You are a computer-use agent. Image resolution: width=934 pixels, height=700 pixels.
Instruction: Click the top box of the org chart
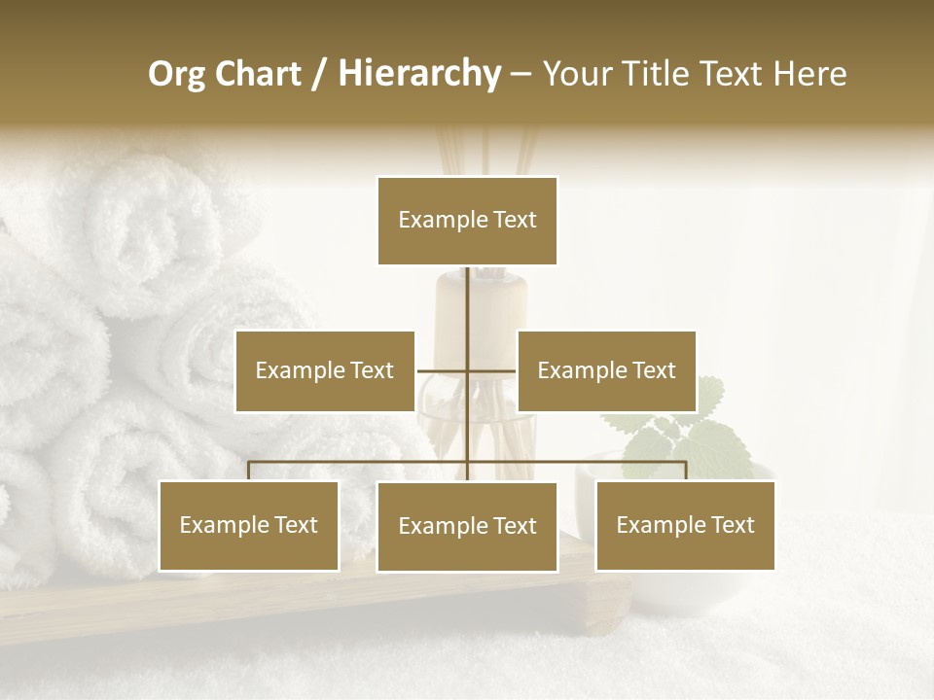coord(467,221)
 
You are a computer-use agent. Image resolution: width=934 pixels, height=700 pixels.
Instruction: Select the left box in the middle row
coord(325,370)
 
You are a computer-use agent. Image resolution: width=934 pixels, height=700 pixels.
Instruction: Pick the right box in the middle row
coord(606,370)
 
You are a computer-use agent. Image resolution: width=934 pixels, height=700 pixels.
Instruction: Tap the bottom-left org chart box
coord(249,526)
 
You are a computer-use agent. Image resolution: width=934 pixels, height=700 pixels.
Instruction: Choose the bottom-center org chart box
coord(467,526)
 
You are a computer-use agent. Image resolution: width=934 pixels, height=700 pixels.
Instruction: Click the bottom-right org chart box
coord(685,526)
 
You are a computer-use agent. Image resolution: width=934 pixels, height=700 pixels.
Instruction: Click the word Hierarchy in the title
coord(418,73)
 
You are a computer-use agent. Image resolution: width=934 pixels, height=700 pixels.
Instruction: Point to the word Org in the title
coord(176,73)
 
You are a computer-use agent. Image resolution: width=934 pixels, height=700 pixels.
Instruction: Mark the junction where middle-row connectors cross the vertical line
coord(468,370)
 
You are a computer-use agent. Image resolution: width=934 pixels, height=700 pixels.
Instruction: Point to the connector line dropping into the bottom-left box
coord(249,471)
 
